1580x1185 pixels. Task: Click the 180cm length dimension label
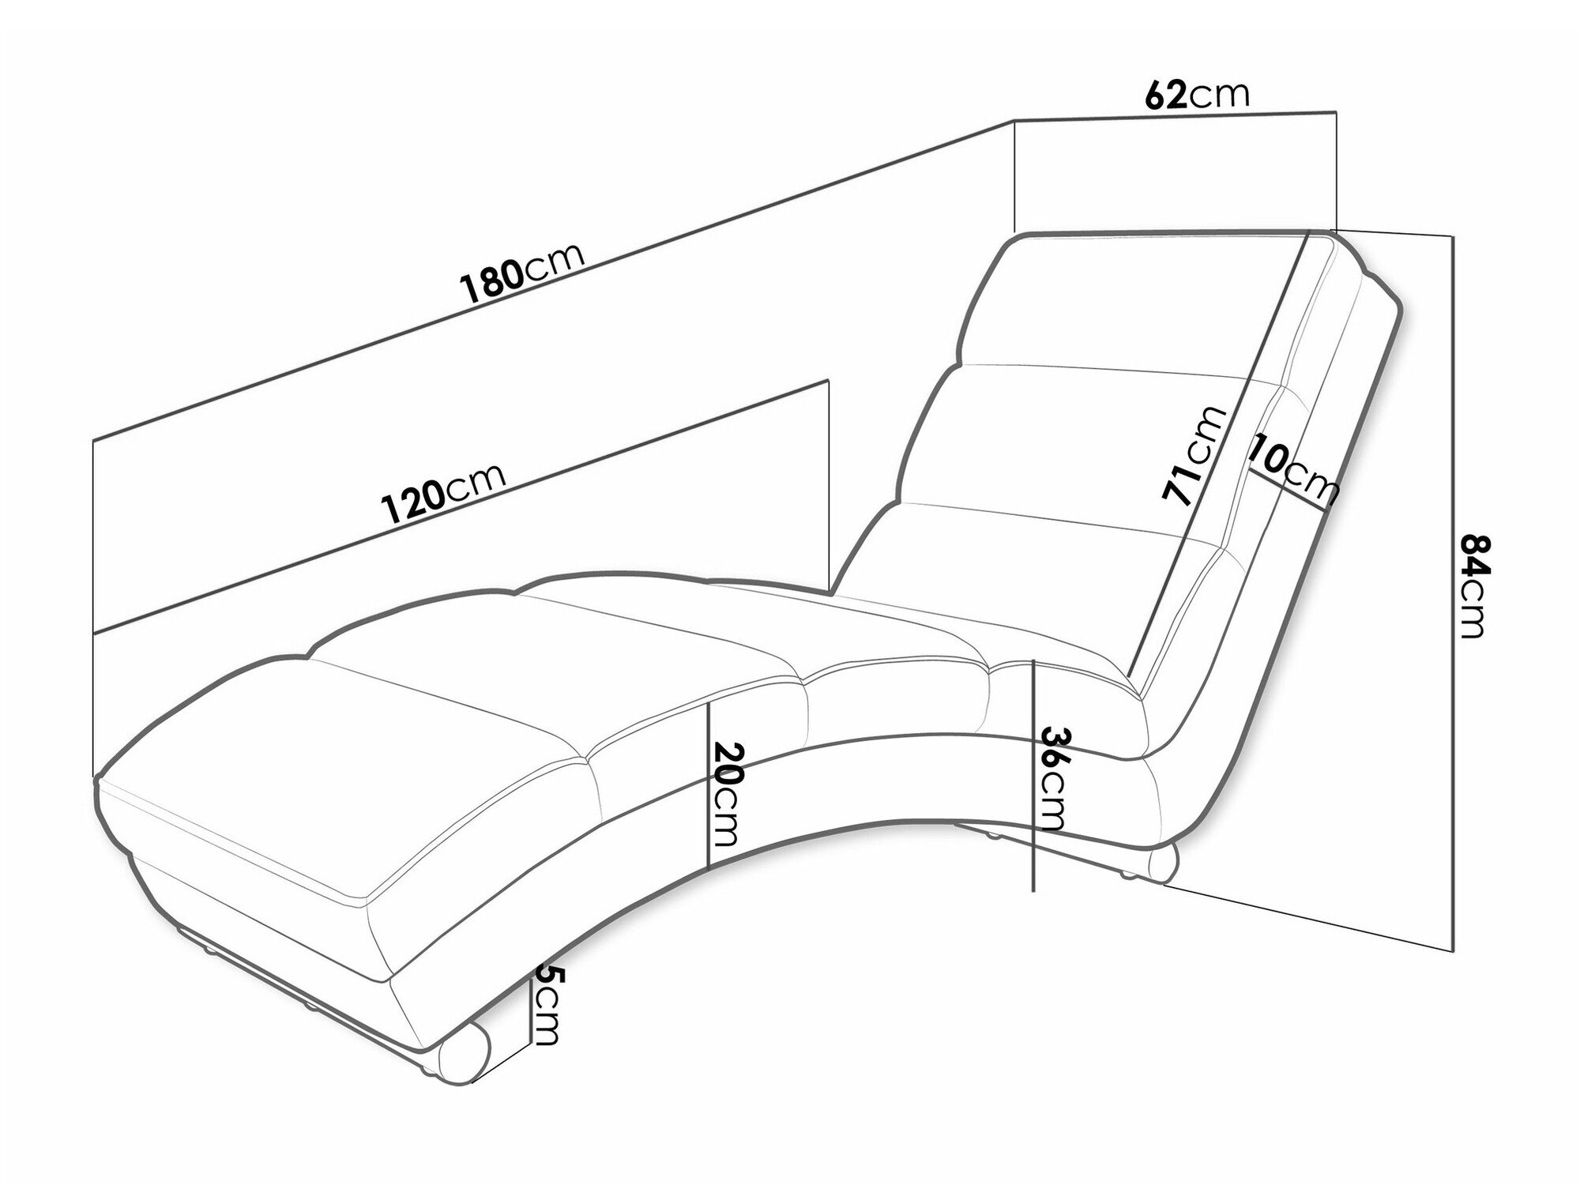(522, 273)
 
